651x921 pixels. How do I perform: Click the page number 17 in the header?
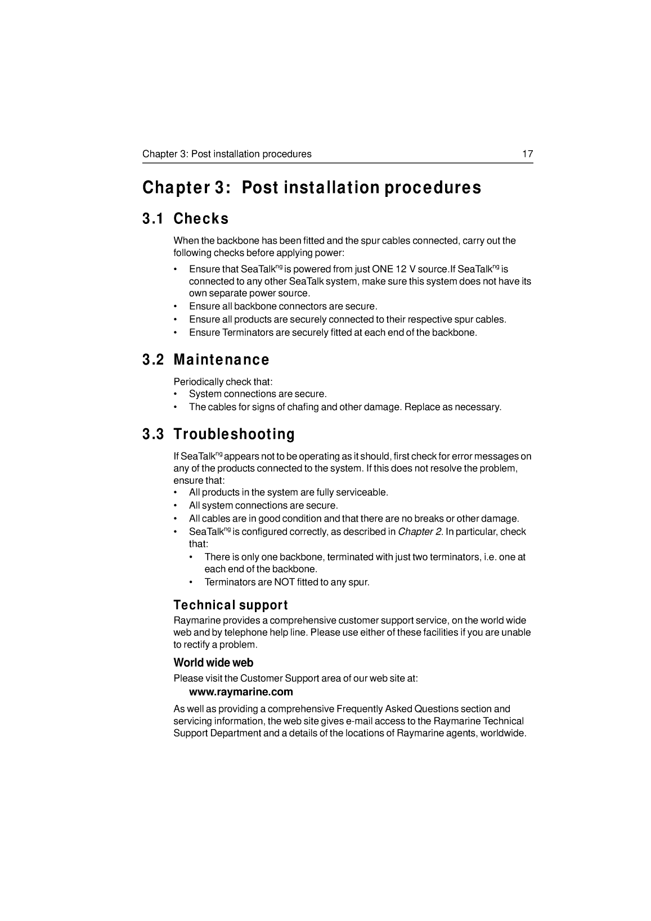point(527,154)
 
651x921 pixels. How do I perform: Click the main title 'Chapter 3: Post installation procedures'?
point(312,187)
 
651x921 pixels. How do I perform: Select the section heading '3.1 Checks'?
point(185,218)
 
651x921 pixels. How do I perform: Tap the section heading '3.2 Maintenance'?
point(205,360)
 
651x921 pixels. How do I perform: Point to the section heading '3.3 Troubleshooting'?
point(218,434)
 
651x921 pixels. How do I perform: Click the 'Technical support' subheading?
point(231,605)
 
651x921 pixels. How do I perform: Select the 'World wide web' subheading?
point(213,662)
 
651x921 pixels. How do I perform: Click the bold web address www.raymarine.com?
point(241,691)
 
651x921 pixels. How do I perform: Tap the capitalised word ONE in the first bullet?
point(383,269)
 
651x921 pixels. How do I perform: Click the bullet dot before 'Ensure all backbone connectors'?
point(176,307)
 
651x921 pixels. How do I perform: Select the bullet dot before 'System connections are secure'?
point(176,394)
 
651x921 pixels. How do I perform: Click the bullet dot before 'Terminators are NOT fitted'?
point(192,582)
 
